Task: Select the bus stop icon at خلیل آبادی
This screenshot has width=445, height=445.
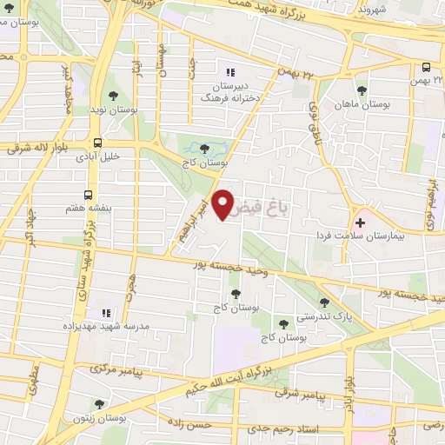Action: pyautogui.click(x=97, y=143)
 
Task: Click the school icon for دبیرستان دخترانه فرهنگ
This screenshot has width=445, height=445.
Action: pyautogui.click(x=230, y=72)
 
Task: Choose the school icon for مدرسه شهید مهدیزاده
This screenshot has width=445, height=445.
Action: pyautogui.click(x=106, y=312)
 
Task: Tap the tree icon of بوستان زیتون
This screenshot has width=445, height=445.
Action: pyautogui.click(x=100, y=404)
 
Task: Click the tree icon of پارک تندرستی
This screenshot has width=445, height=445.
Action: pyautogui.click(x=324, y=302)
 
